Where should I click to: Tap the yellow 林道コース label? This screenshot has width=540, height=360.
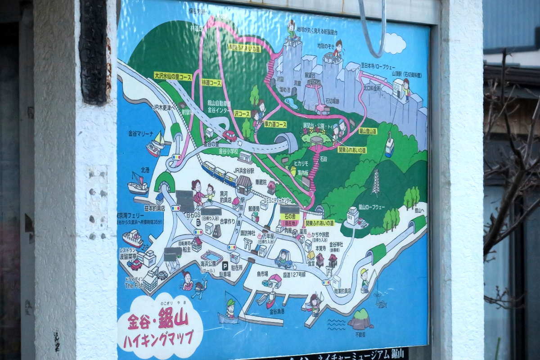tap(211, 83)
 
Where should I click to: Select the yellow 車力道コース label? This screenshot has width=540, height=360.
tap(275, 124)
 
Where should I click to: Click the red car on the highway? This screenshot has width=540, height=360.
tap(229, 135)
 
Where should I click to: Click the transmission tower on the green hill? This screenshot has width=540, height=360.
tap(376, 183)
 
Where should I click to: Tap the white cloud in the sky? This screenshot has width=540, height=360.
tap(394, 43)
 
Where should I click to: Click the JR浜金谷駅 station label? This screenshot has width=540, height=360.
tap(243, 171)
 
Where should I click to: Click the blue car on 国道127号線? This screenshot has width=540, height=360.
tap(283, 260)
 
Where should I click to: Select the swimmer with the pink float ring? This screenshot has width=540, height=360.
tap(187, 281)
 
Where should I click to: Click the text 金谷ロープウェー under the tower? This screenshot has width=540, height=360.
tap(371, 207)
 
